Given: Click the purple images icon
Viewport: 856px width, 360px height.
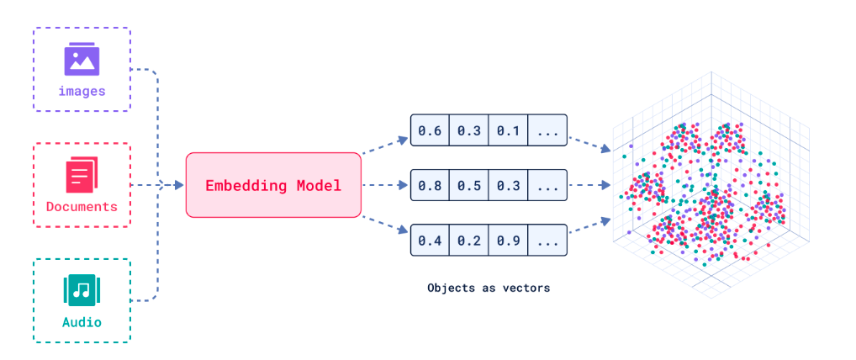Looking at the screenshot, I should point(82,60).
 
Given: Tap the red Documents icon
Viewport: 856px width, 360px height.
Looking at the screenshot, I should point(82,176).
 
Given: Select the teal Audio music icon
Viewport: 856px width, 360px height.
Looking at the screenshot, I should point(82,291).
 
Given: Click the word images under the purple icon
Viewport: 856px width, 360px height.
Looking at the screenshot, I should point(82,91).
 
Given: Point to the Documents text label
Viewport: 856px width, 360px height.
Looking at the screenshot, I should point(82,207).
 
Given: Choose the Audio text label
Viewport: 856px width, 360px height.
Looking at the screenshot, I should point(82,322).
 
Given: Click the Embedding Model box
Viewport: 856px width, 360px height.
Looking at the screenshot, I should point(273,186).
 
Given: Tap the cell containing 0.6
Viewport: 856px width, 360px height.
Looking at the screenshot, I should point(430,130).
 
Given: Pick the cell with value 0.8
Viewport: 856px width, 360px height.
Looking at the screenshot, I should point(430,186).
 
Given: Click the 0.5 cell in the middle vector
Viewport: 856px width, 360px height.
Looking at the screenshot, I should point(468,186).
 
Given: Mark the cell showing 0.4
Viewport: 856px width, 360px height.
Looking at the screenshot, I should point(430,241).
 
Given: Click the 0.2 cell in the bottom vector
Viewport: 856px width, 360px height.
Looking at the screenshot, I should point(468,241).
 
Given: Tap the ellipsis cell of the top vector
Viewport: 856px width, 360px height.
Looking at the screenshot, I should point(547,130).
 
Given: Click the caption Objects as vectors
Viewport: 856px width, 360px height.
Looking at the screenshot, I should point(488,288).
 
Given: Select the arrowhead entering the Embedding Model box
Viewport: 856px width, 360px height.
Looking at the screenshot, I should point(179,186).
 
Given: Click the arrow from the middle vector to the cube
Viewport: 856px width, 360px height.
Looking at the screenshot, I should point(589,186).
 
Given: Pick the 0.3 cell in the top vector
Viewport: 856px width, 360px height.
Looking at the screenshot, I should point(468,130).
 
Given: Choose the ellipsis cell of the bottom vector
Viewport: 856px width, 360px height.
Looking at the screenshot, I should point(547,241).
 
